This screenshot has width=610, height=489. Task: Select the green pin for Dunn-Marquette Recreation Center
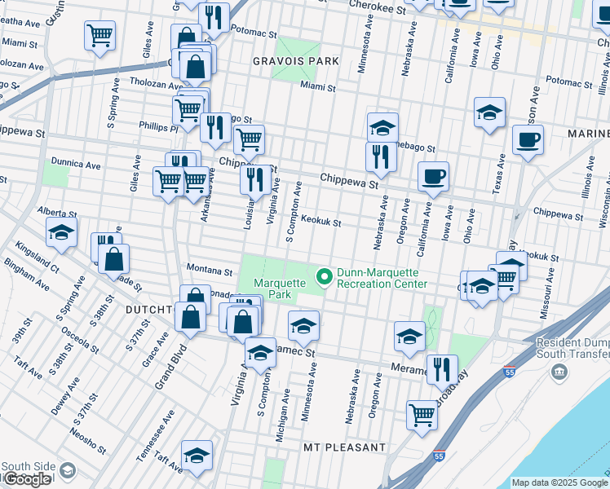(325, 278)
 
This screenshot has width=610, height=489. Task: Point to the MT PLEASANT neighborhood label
(344, 448)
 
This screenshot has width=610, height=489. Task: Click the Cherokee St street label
(376, 8)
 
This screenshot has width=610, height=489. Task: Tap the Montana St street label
(204, 268)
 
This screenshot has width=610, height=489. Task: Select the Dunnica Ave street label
(75, 164)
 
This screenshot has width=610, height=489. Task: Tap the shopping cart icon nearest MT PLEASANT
(422, 413)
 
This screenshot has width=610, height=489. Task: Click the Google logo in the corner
(28, 479)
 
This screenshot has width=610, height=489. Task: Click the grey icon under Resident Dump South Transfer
(559, 372)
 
